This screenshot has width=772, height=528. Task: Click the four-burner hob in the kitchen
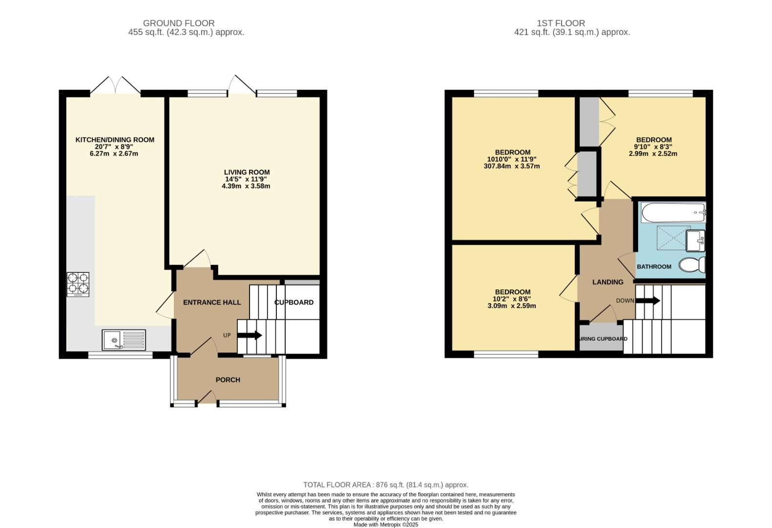pyautogui.click(x=78, y=285)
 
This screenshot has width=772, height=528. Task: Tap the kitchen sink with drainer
pyautogui.click(x=124, y=340)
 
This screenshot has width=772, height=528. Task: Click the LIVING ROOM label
pyautogui.click(x=247, y=172)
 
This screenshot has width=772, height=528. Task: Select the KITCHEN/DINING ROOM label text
pyautogui.click(x=115, y=140)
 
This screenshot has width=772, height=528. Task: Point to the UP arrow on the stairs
pyautogui.click(x=250, y=335)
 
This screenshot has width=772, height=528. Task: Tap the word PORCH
pyautogui.click(x=228, y=380)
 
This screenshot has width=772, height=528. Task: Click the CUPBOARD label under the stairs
pyautogui.click(x=294, y=302)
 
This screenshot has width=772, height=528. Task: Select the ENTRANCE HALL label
pyautogui.click(x=212, y=302)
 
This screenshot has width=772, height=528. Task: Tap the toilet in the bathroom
pyautogui.click(x=692, y=265)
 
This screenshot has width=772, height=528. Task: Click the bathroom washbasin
pyautogui.click(x=695, y=240)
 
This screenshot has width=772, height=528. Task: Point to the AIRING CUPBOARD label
pyautogui.click(x=603, y=339)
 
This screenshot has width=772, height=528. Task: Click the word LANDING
pyautogui.click(x=607, y=282)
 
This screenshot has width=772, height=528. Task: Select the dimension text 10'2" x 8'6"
pyautogui.click(x=512, y=299)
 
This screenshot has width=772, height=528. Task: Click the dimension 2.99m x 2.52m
pyautogui.click(x=653, y=154)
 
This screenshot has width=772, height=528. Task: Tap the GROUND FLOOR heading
pyautogui.click(x=179, y=23)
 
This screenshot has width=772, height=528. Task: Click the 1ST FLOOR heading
pyautogui.click(x=561, y=23)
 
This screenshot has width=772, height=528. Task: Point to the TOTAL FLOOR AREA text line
pyautogui.click(x=386, y=485)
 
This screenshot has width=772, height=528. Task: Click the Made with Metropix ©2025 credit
pyautogui.click(x=386, y=525)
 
